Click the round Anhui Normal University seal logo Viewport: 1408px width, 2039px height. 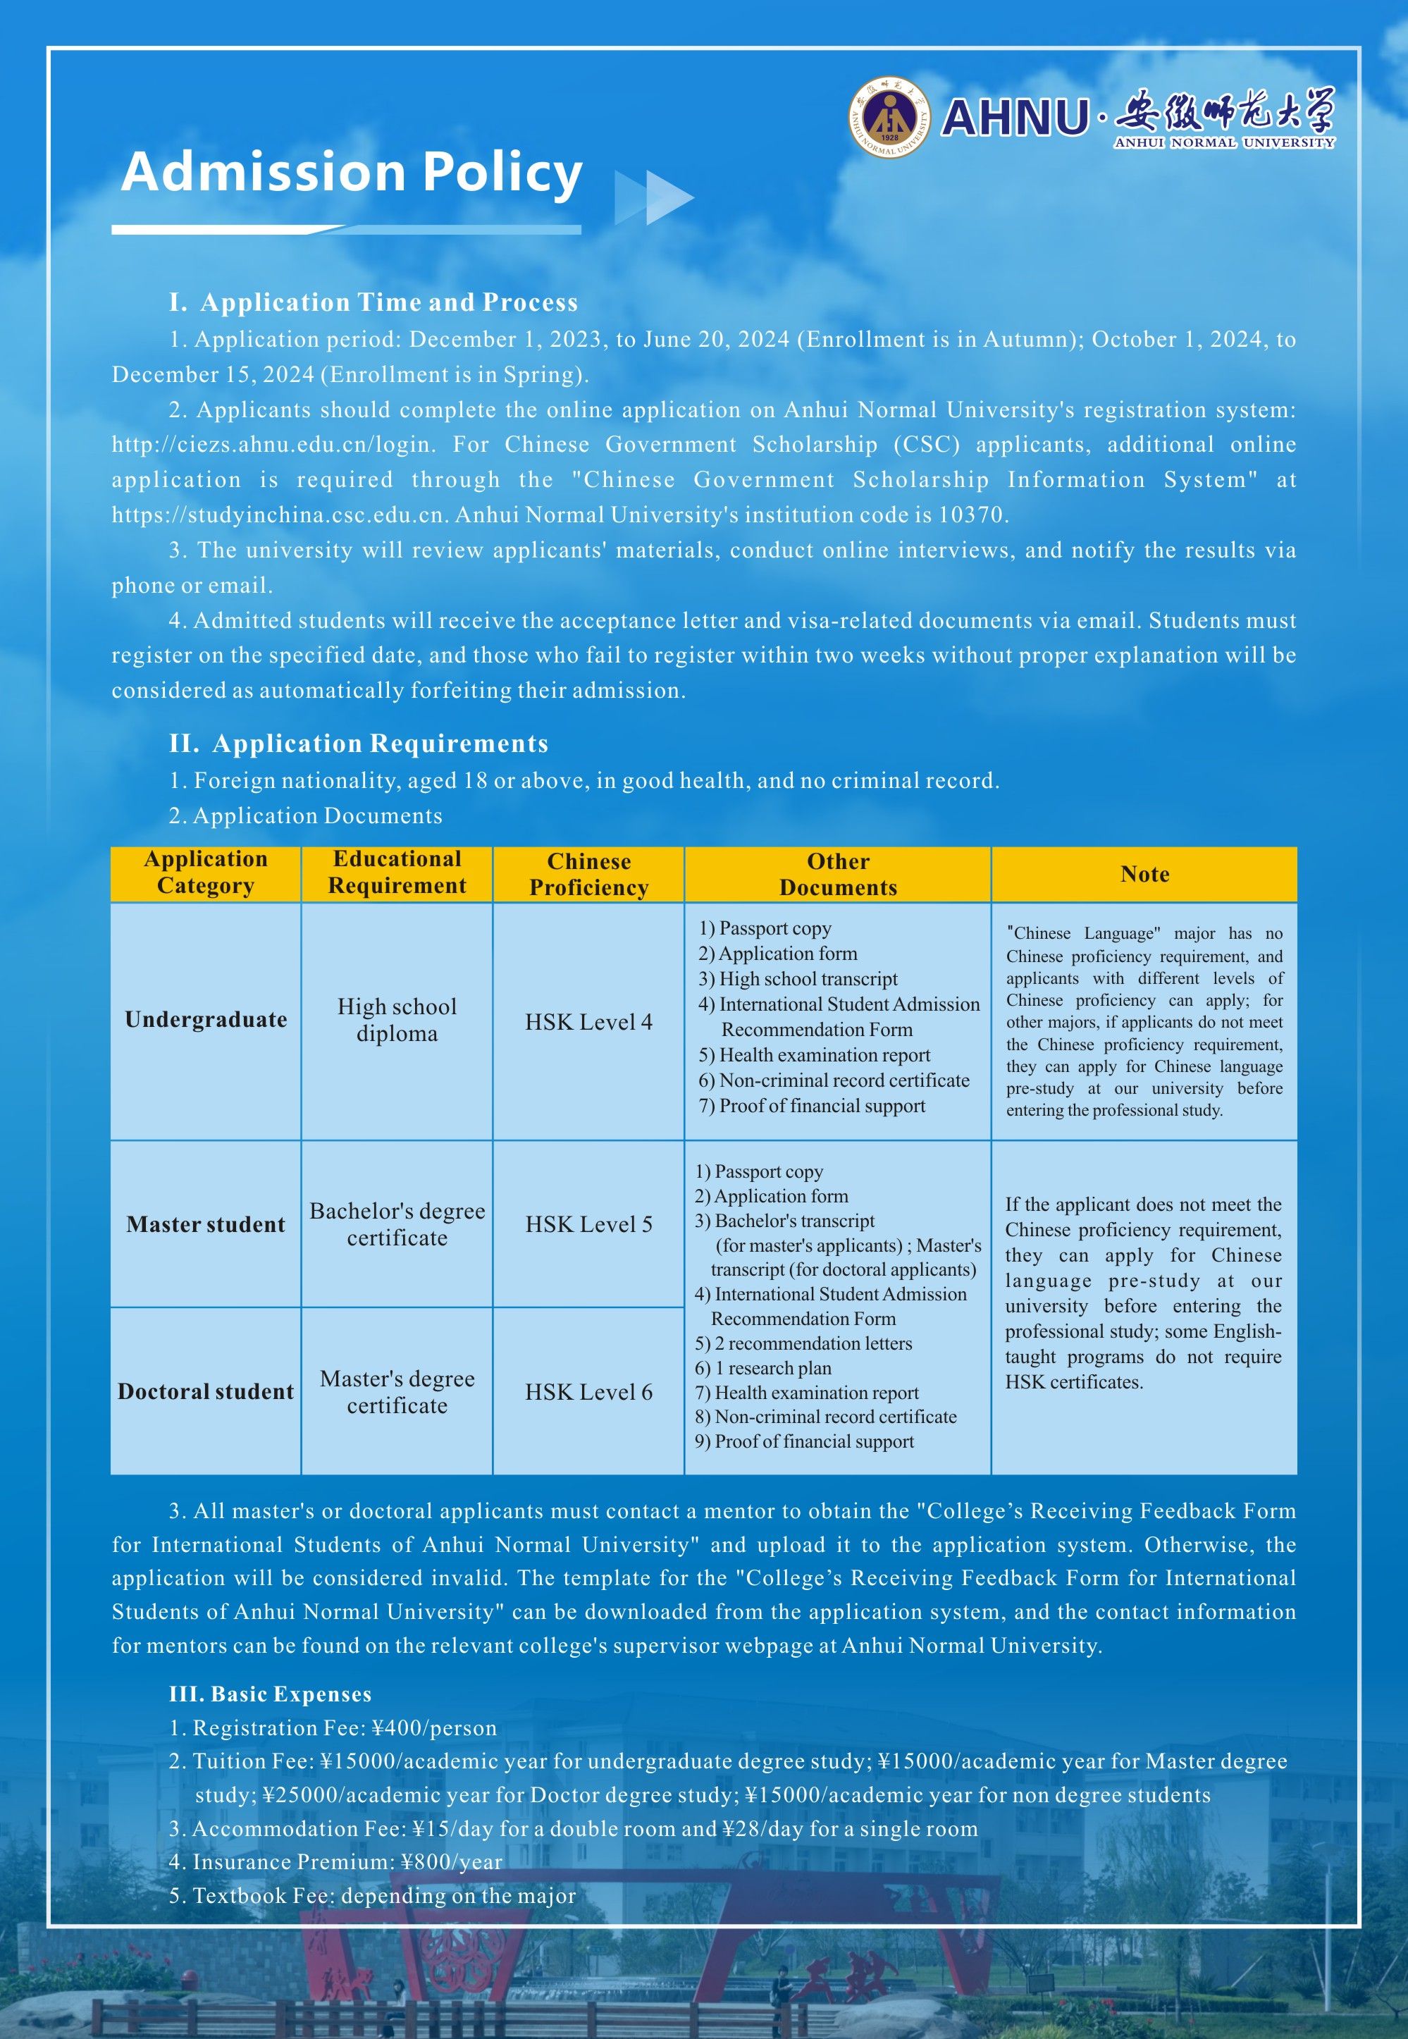[x=889, y=117]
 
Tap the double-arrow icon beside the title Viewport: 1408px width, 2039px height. [x=654, y=197]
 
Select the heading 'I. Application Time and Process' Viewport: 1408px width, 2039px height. [x=373, y=302]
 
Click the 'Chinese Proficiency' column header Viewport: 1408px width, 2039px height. [x=588, y=875]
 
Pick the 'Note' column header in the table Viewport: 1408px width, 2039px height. [x=1144, y=875]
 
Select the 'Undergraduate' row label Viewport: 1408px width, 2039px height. [x=206, y=1020]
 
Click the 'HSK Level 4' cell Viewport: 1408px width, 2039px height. [x=588, y=1022]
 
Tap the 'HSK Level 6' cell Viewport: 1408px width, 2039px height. [x=588, y=1391]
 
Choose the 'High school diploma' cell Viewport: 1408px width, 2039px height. [x=397, y=1020]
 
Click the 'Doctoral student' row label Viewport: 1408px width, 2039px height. [x=206, y=1391]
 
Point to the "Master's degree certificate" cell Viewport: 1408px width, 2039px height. [x=397, y=1391]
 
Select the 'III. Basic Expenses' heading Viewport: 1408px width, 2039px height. [x=270, y=1694]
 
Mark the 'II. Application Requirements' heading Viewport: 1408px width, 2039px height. [x=358, y=744]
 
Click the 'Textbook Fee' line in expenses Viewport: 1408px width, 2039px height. [x=372, y=1895]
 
